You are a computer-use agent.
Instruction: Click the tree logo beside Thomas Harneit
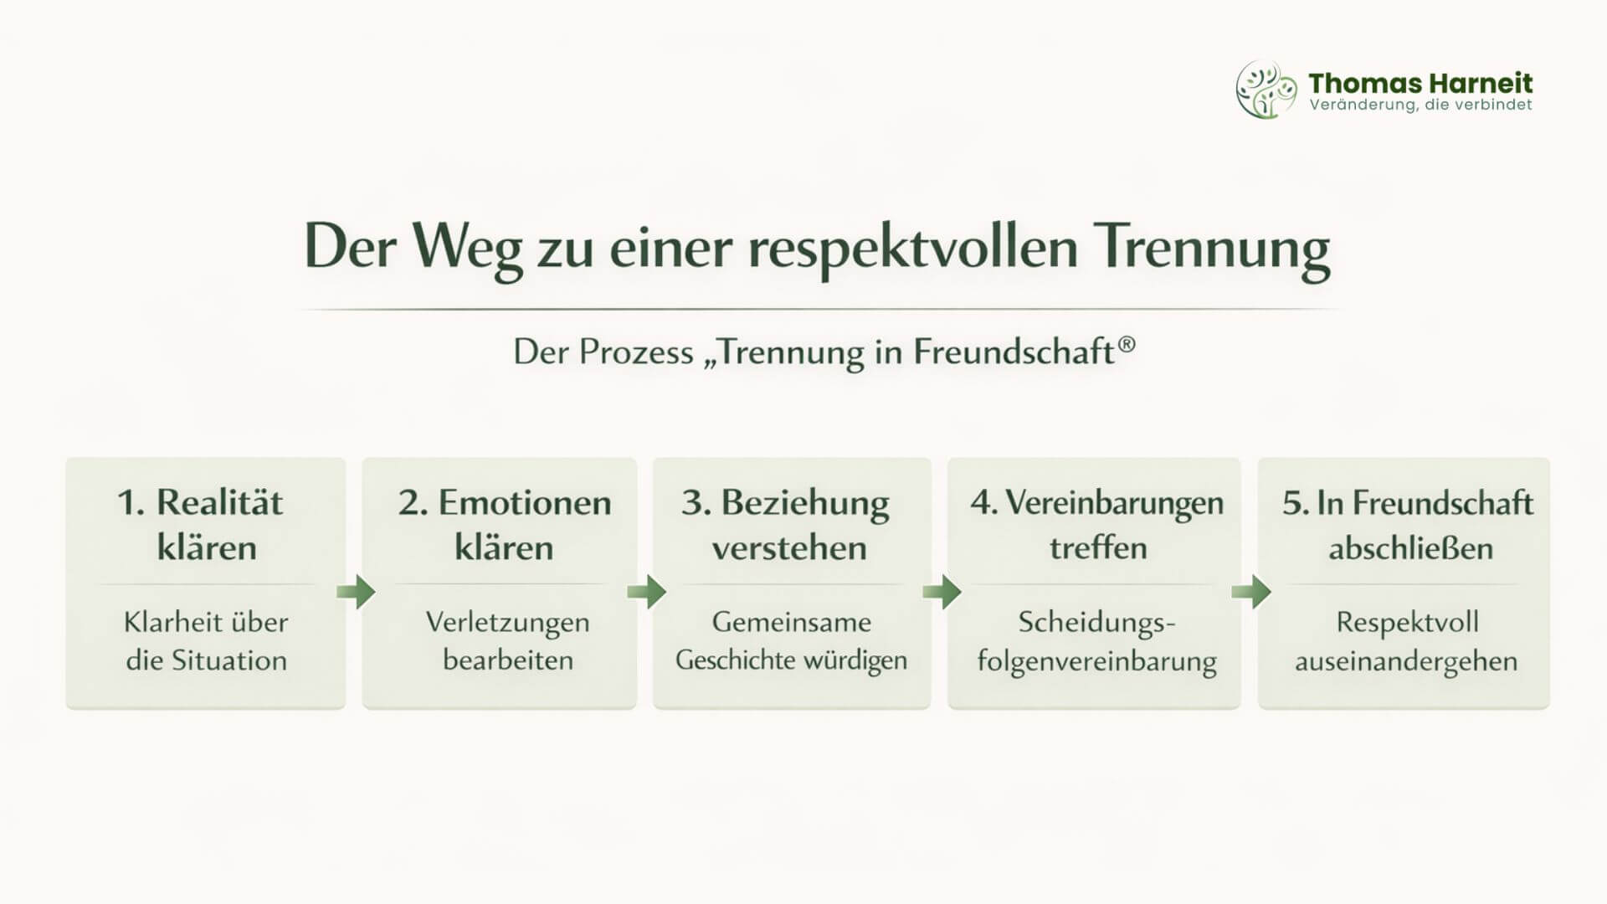[1266, 89]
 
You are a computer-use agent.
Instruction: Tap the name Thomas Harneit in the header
[1420, 83]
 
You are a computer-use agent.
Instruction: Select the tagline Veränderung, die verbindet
[1420, 105]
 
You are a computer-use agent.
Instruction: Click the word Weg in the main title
[467, 248]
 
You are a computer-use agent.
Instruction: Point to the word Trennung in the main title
[1214, 248]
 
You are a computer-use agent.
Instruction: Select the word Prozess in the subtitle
[635, 352]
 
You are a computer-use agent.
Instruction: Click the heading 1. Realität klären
[202, 525]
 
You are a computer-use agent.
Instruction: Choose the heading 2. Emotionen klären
[505, 525]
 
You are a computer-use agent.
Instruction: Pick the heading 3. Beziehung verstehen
[787, 525]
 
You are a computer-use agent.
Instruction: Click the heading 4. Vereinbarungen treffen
[1097, 525]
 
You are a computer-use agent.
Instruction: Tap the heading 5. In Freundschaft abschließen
[1408, 525]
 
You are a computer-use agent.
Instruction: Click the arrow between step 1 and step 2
[356, 592]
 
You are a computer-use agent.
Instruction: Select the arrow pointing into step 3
[646, 592]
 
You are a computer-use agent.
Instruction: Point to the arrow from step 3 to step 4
[942, 592]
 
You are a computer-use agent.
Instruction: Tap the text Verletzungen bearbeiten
[507, 640]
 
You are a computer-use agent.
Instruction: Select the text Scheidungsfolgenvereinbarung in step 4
[1096, 641]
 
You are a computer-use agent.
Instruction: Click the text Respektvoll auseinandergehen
[1406, 641]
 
